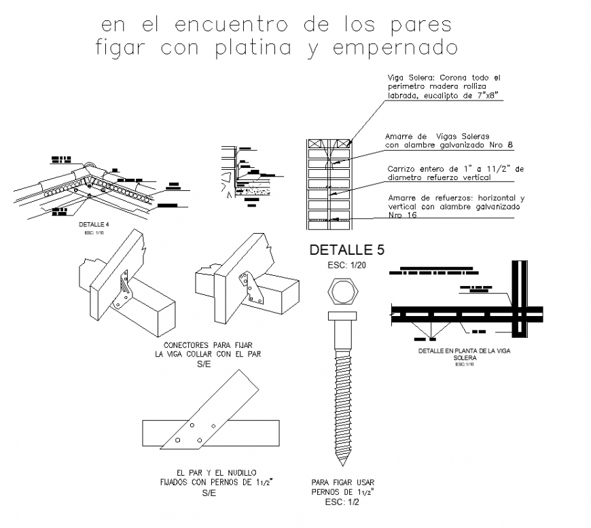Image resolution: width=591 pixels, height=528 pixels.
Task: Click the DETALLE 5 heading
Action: point(346,250)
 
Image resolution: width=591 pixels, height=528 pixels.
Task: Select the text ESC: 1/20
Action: point(346,265)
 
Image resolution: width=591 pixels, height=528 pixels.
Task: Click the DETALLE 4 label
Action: point(92,223)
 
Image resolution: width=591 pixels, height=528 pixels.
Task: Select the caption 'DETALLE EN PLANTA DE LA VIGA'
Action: point(464,351)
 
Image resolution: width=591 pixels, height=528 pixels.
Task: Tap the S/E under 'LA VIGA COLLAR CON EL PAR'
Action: point(204,364)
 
